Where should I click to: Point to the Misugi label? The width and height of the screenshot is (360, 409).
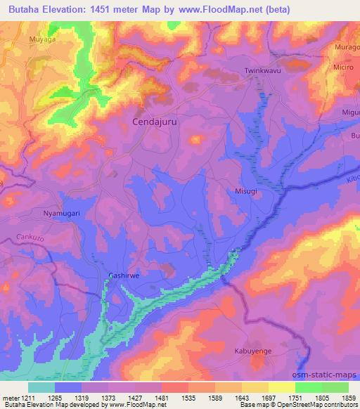(x=246, y=190)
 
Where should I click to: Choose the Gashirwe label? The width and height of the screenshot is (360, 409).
(x=124, y=276)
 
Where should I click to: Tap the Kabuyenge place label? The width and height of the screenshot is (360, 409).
(x=253, y=349)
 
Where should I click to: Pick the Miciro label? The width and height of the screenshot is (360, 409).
(x=345, y=66)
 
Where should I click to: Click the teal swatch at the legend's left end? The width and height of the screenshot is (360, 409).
(x=41, y=387)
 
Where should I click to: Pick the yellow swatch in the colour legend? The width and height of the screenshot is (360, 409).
(x=282, y=387)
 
